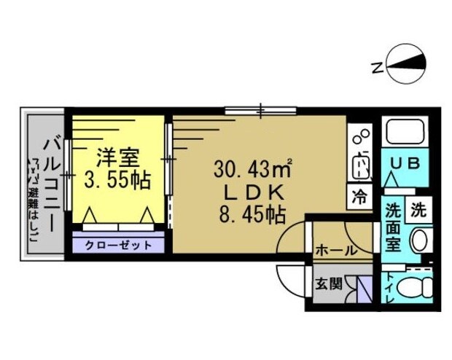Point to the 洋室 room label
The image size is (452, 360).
click(113, 157)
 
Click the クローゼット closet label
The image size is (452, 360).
click(118, 245)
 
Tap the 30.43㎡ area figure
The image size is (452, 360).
click(252, 169)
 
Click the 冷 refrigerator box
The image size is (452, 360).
click(360, 196)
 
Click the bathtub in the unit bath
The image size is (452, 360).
click(405, 133)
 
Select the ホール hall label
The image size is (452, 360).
click(335, 250)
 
